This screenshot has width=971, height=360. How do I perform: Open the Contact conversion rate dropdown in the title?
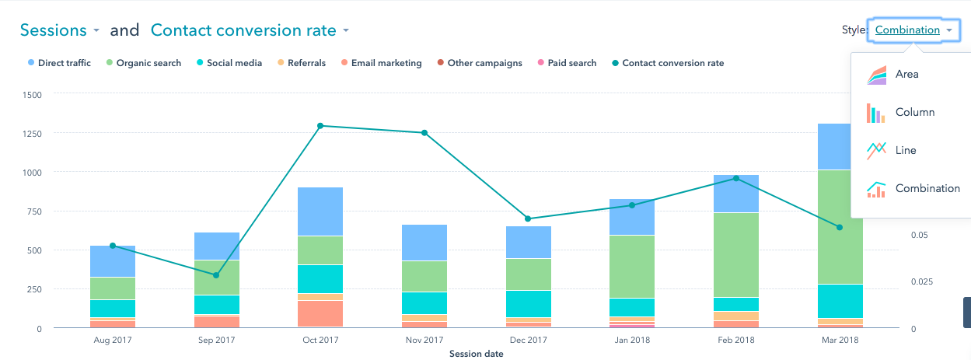click(x=250, y=30)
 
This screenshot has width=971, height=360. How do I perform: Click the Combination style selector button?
click(x=913, y=30)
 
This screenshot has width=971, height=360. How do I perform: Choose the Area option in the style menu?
click(x=906, y=75)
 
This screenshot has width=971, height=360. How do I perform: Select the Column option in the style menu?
click(x=914, y=112)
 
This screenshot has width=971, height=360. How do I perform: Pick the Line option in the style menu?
click(x=906, y=150)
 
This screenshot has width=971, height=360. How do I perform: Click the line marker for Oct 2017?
click(x=320, y=126)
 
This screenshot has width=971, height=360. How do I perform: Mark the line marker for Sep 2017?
click(x=216, y=275)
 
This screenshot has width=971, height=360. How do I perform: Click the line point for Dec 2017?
click(x=528, y=218)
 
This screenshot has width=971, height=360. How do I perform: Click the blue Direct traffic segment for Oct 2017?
click(x=320, y=211)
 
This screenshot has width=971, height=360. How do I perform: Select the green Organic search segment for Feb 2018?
click(x=736, y=254)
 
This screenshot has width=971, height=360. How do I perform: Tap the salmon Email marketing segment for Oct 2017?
click(x=320, y=313)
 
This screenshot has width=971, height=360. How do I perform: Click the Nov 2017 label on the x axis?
click(x=424, y=341)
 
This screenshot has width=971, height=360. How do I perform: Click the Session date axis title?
click(x=476, y=354)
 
